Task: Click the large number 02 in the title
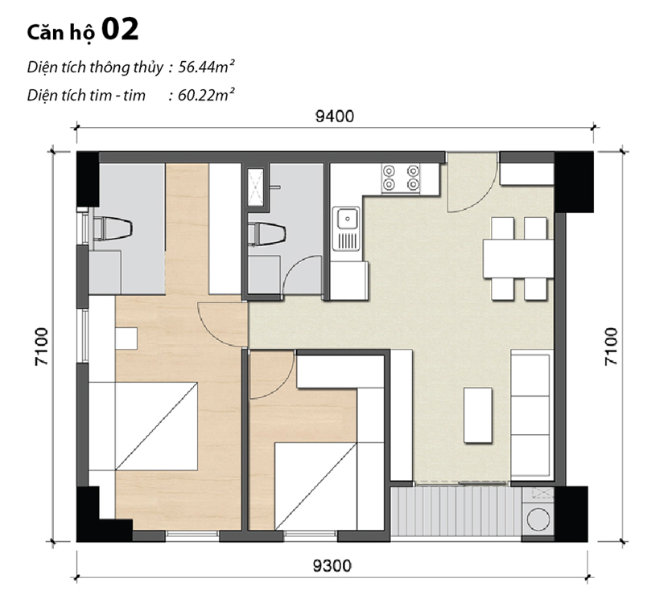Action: coord(120,30)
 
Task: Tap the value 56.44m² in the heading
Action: coord(206,67)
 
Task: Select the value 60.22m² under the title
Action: coord(206,95)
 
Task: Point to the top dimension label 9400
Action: coord(335,117)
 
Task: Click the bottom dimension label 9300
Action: coord(332,565)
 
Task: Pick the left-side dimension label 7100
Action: coord(42,347)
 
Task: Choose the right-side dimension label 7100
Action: coord(611,347)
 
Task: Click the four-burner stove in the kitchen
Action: coord(401,178)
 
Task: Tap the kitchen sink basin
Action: coord(348,218)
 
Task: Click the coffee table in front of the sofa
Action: coord(478,415)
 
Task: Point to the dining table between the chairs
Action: coord(518,258)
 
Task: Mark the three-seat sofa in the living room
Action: coord(532,415)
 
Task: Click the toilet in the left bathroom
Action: coord(112,229)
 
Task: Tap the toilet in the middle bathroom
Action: coord(267,234)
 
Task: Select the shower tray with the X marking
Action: coord(256,187)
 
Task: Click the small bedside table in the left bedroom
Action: coord(126,338)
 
